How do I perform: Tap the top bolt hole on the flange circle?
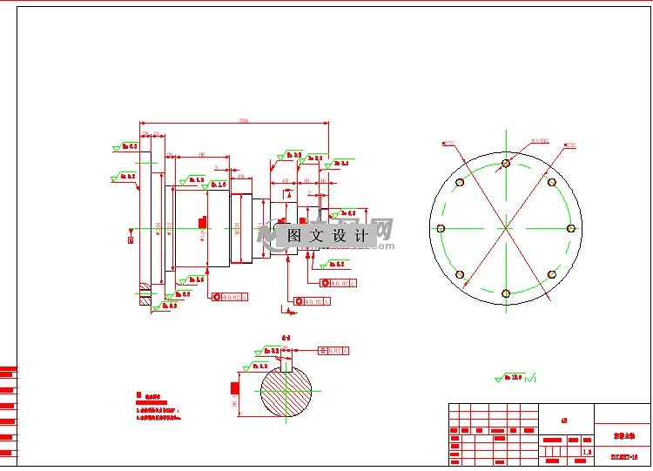click(x=506, y=163)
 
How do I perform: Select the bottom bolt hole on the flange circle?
click(x=506, y=293)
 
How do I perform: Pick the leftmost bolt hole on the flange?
click(x=440, y=228)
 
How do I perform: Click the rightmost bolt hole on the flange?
click(x=571, y=228)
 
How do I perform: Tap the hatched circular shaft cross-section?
click(x=286, y=393)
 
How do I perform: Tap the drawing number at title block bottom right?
click(x=623, y=454)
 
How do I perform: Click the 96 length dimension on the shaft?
click(x=202, y=154)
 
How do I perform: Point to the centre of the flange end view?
click(x=506, y=228)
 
